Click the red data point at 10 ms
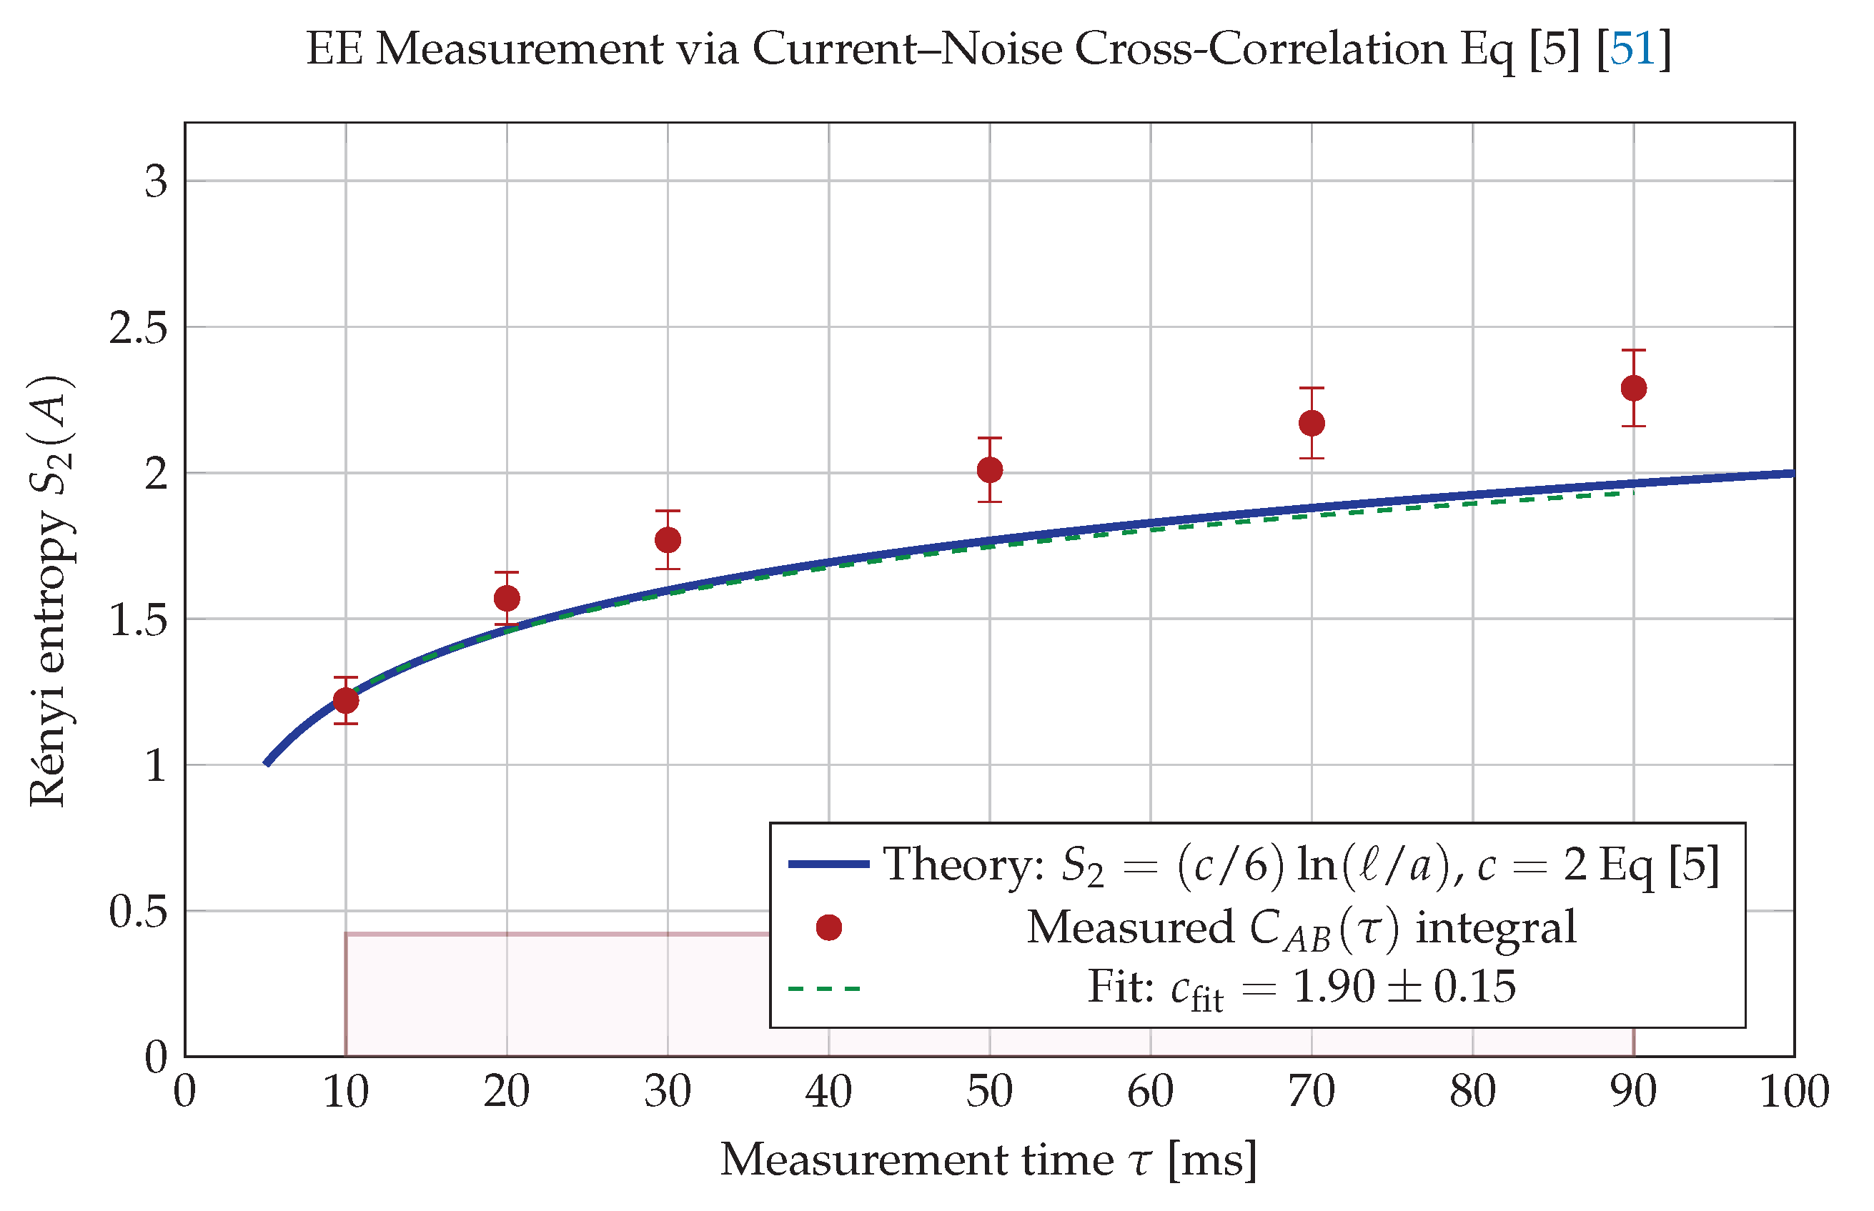(345, 700)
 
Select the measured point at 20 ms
(507, 599)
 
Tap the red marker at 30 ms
(668, 540)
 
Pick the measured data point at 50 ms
(989, 470)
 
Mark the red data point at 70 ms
(1312, 423)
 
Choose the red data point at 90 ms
(1633, 389)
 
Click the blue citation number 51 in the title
(1632, 49)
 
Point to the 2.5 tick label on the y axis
(139, 327)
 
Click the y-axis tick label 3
(156, 181)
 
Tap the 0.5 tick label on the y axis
(139, 912)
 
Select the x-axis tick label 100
(1794, 1092)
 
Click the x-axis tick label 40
(828, 1092)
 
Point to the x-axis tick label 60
(1151, 1092)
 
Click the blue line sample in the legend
(829, 864)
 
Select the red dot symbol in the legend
(829, 928)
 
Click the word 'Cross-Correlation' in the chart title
(1260, 49)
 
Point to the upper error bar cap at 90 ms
(1633, 350)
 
